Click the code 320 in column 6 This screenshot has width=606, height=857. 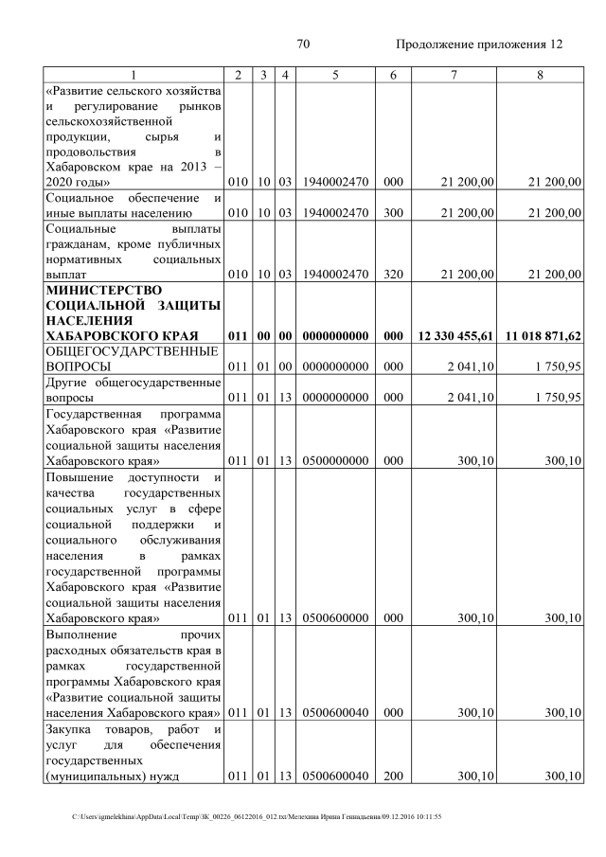point(387,275)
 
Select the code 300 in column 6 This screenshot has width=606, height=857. point(387,213)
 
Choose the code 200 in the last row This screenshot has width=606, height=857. point(387,777)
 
